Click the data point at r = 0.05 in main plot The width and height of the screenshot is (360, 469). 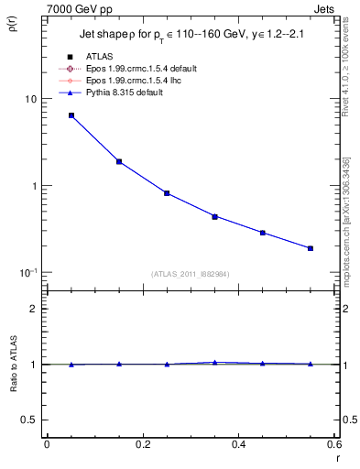click(x=71, y=115)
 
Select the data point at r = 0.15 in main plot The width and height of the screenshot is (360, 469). click(x=119, y=161)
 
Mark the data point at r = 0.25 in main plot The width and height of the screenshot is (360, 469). click(x=167, y=193)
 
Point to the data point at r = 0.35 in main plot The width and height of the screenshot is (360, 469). click(x=214, y=216)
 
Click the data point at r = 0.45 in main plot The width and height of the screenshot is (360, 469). click(x=263, y=233)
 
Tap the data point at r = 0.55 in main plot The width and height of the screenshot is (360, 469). click(x=311, y=248)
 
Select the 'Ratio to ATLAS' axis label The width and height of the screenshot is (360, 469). click(x=16, y=390)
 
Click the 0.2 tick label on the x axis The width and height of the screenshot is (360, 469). click(x=143, y=443)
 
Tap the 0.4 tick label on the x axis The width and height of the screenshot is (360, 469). click(x=238, y=443)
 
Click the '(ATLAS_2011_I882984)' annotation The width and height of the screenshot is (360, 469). click(x=191, y=275)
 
